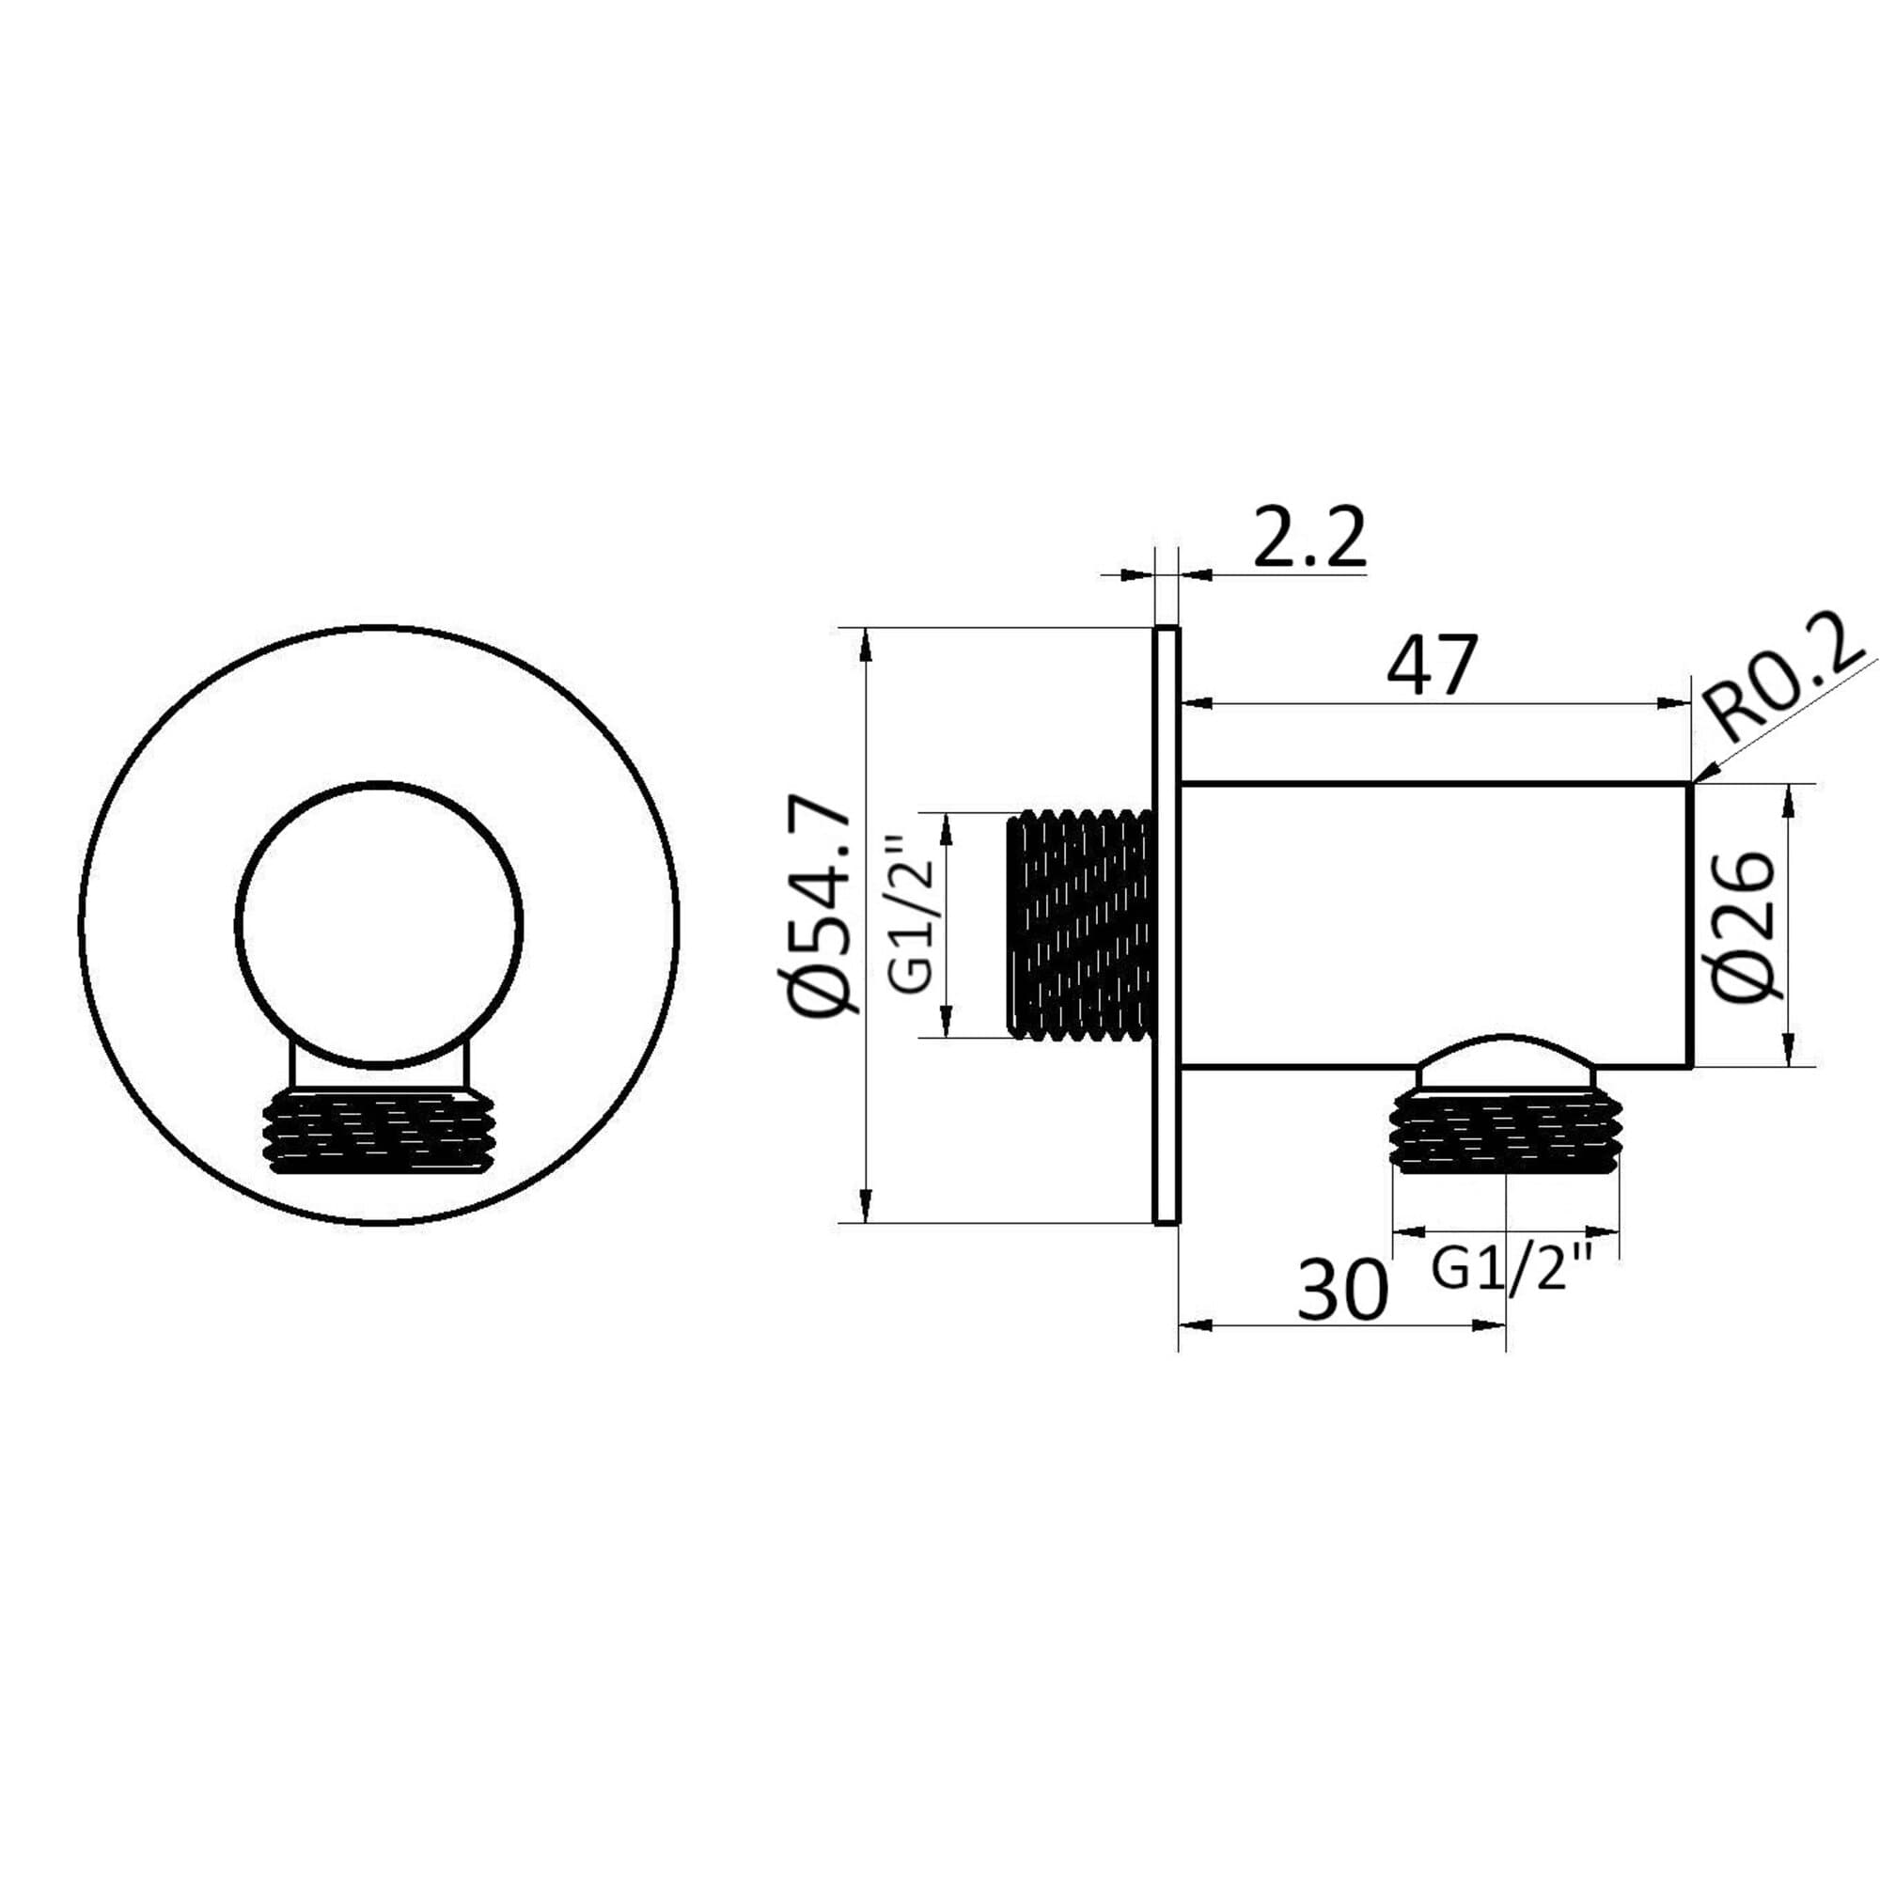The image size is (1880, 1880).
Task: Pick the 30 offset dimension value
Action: pyautogui.click(x=1342, y=1290)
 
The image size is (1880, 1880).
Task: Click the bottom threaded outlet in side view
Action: pyautogui.click(x=1506, y=1131)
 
